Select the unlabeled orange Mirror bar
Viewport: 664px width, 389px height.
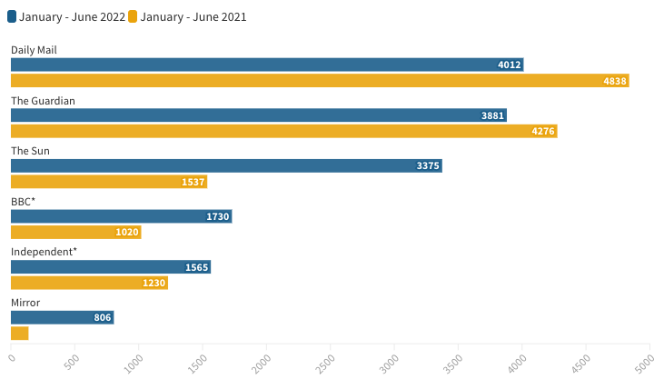pyautogui.click(x=20, y=334)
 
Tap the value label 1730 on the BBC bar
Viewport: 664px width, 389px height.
pyautogui.click(x=218, y=216)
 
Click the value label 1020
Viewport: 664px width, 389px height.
pyautogui.click(x=127, y=233)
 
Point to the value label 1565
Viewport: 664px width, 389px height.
pyautogui.click(x=196, y=267)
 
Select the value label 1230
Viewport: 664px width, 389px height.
pyautogui.click(x=154, y=284)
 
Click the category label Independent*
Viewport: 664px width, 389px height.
pyautogui.click(x=44, y=251)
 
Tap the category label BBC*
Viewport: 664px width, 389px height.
pyautogui.click(x=23, y=201)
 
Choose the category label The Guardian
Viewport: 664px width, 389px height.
pyautogui.click(x=43, y=100)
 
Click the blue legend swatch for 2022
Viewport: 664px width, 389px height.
pyautogui.click(x=12, y=16)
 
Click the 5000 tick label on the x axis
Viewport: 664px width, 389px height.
pyautogui.click(x=647, y=362)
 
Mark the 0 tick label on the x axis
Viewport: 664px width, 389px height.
pyautogui.click(x=12, y=357)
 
